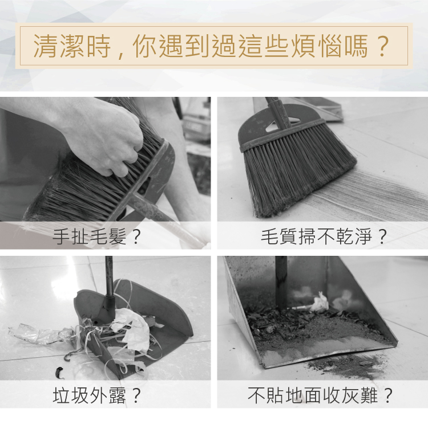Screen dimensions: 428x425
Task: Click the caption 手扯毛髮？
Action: coord(96,236)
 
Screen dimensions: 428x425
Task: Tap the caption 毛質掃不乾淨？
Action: coord(324,236)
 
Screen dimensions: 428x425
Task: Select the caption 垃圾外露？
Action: coord(96,395)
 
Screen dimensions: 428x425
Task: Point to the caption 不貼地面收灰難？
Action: coord(320,395)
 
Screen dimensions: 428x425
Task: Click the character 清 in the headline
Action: coord(45,46)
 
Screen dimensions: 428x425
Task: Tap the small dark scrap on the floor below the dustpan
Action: coord(59,372)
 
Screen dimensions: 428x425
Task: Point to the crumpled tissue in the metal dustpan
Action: coord(320,303)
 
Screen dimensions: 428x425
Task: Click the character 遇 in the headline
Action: coord(171,46)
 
